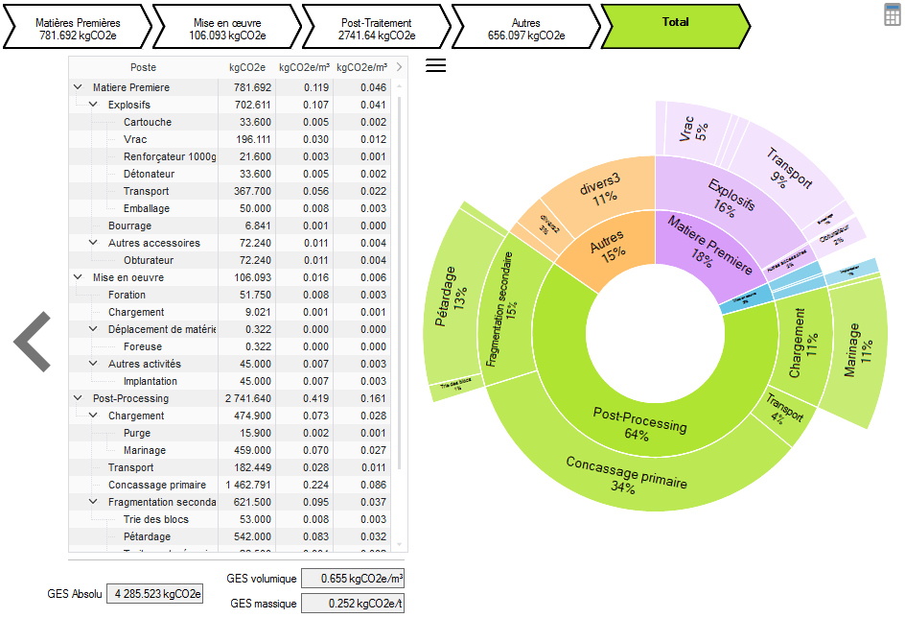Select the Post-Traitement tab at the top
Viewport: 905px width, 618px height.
point(376,28)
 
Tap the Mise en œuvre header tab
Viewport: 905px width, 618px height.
point(225,28)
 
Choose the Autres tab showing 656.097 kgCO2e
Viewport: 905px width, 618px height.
point(525,28)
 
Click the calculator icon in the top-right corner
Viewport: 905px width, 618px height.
point(892,13)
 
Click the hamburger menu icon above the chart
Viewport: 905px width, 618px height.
point(435,65)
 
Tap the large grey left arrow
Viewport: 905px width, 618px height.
point(33,341)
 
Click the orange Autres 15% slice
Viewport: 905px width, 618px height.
point(606,244)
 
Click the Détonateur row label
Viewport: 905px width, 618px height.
point(149,174)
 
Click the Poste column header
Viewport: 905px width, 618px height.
point(143,67)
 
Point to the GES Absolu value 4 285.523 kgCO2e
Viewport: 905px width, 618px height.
point(154,593)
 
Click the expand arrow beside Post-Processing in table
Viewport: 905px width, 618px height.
point(78,398)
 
